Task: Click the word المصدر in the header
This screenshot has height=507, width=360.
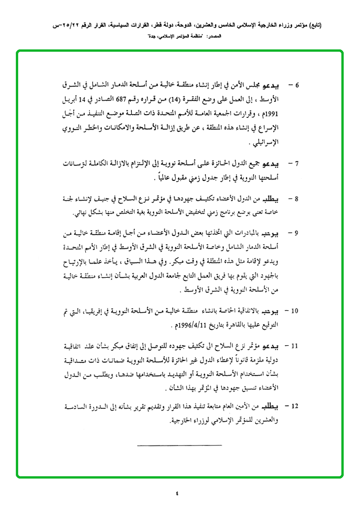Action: click(x=199, y=36)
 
